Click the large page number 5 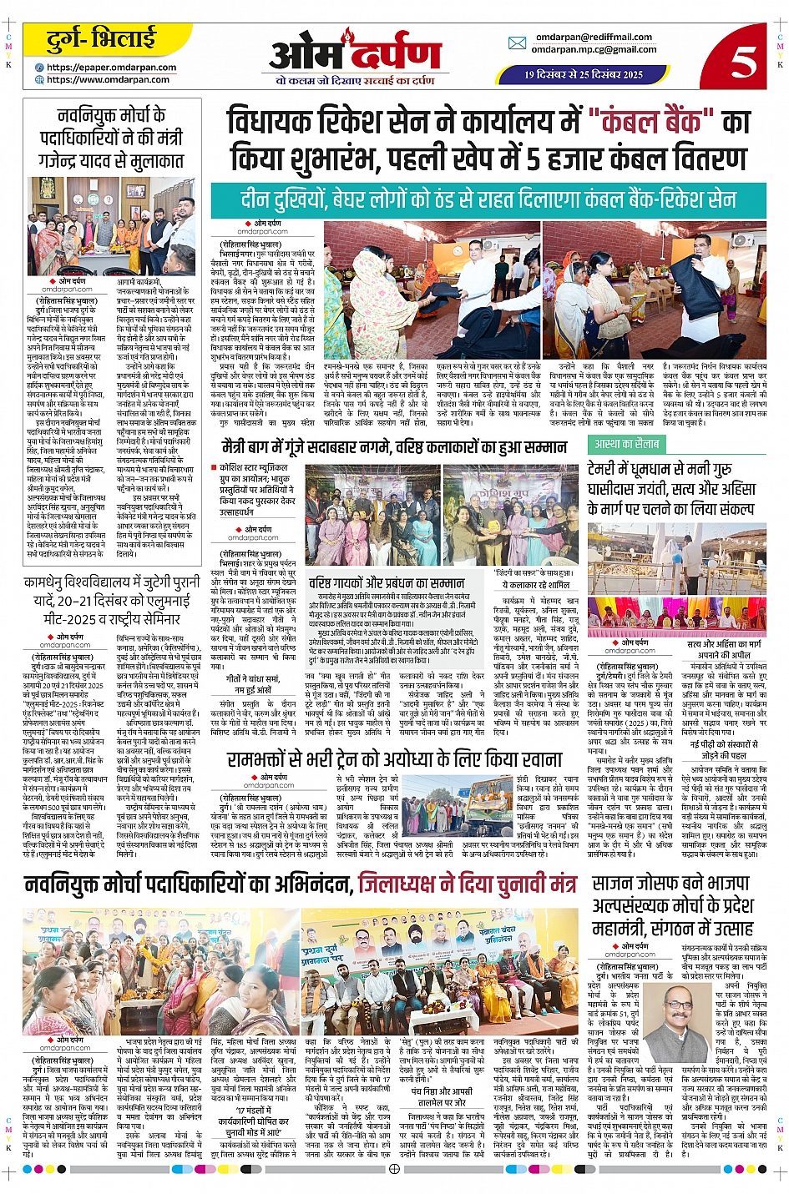pyautogui.click(x=742, y=61)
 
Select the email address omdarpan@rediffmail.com pyautogui.click(x=594, y=37)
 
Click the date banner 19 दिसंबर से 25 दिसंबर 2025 pyautogui.click(x=584, y=74)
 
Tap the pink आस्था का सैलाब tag pyautogui.click(x=626, y=444)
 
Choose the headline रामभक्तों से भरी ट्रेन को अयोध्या pyautogui.click(x=394, y=759)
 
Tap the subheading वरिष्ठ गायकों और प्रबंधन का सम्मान pyautogui.click(x=387, y=582)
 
